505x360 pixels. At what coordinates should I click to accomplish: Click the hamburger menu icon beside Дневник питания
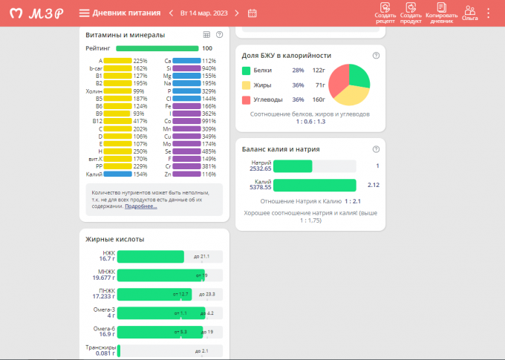coord(84,13)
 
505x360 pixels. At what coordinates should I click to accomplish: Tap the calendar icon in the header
coord(252,13)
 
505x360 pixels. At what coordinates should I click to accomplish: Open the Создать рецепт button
coord(385,13)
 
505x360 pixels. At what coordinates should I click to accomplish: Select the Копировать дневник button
coord(441,13)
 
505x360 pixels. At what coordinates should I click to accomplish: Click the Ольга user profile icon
coord(469,13)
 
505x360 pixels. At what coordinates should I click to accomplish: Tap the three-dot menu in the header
coord(488,13)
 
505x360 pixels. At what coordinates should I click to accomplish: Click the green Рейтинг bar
coord(157,48)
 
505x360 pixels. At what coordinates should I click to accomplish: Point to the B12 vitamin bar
coord(117,121)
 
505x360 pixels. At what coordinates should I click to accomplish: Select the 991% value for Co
coord(209,121)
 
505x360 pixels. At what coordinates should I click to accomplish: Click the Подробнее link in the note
coord(140,206)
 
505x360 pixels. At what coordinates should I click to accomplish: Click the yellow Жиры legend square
coord(246,85)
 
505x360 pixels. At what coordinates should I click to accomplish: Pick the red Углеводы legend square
coord(246,99)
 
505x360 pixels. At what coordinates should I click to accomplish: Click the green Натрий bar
coord(293,166)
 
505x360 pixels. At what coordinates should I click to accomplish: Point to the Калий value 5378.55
coord(261,189)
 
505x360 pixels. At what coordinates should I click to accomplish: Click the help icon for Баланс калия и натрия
coord(376,149)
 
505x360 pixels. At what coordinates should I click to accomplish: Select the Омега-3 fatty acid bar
coord(161,312)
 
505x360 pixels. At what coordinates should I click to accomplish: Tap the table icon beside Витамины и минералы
coord(206,35)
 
